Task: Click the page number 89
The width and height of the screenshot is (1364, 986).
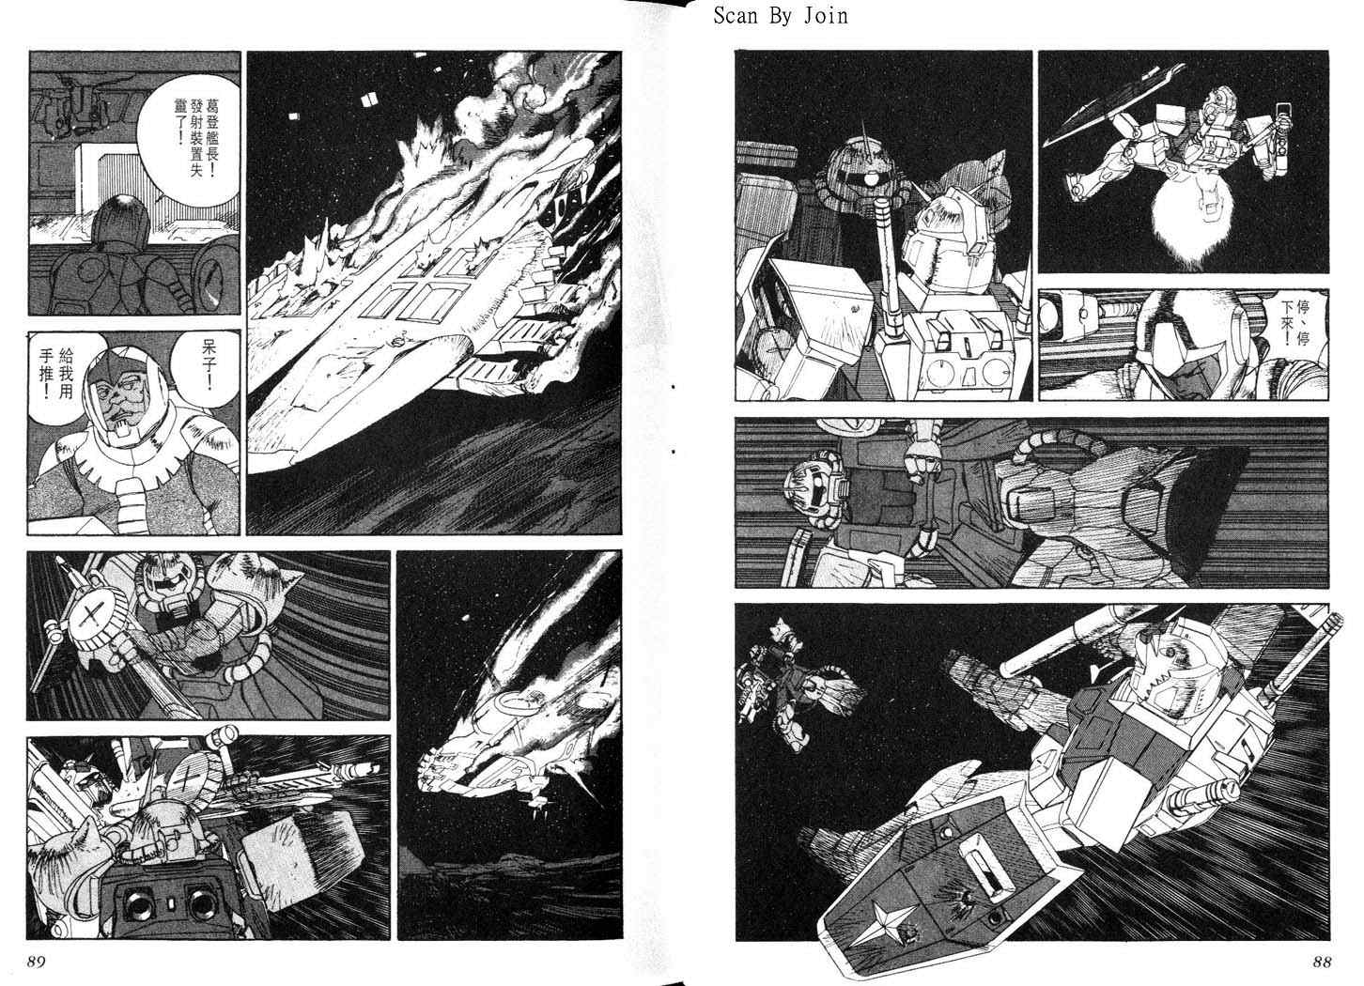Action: click(x=36, y=963)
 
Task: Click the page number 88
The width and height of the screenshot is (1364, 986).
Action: click(x=1322, y=963)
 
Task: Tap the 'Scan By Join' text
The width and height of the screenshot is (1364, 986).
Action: click(x=781, y=16)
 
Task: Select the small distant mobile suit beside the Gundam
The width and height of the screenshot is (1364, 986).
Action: click(x=792, y=685)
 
